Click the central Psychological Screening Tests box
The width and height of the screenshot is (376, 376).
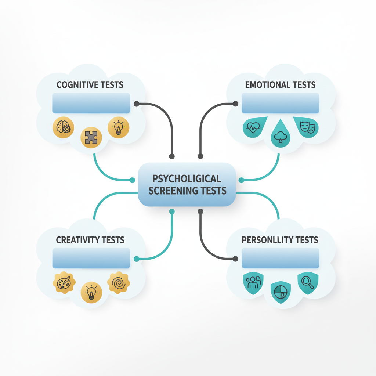(187, 185)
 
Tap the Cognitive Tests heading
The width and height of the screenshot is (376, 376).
(90, 85)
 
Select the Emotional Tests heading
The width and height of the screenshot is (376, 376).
(280, 85)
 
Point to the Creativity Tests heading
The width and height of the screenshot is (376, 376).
(90, 240)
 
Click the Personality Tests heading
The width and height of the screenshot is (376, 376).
(280, 240)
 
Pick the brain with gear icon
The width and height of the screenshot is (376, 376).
(64, 128)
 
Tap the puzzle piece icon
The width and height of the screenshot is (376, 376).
(91, 137)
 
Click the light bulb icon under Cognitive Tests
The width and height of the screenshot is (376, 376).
(118, 128)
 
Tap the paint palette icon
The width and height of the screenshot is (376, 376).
(64, 283)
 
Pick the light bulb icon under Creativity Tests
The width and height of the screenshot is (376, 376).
(91, 293)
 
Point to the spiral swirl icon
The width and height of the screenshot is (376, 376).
(118, 283)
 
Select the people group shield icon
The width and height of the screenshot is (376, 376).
(253, 283)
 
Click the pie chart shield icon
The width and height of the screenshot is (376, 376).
(280, 293)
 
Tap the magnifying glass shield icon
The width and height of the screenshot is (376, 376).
(308, 283)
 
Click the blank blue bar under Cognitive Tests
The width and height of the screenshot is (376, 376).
(91, 103)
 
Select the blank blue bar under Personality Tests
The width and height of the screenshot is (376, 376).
(280, 258)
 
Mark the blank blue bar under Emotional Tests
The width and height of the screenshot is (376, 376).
(280, 103)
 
